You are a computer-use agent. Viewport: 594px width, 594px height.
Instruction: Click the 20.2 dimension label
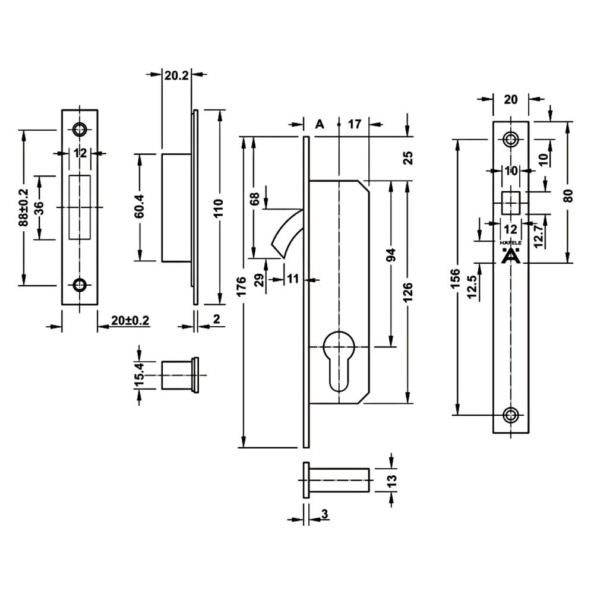click(176, 75)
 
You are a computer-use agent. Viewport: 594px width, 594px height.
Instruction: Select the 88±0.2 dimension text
click(24, 207)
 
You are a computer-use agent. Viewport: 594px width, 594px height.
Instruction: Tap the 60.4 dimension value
click(140, 206)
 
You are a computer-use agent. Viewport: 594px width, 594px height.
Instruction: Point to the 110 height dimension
click(219, 207)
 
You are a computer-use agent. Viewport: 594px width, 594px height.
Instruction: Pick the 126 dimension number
click(407, 292)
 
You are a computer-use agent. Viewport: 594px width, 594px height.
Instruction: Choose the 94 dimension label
click(391, 255)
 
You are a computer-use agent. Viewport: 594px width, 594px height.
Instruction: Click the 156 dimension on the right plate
click(456, 279)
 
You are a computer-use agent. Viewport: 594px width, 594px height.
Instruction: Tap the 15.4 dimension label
click(140, 375)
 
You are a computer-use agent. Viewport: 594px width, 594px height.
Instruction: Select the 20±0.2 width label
click(130, 321)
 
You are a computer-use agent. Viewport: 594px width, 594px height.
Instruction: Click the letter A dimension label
click(320, 124)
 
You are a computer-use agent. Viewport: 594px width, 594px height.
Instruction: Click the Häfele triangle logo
click(511, 255)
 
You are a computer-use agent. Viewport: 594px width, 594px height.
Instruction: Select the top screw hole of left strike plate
click(80, 129)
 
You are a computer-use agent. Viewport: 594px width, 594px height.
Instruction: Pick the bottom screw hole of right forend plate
click(511, 415)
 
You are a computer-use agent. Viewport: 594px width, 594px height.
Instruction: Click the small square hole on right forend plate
click(511, 203)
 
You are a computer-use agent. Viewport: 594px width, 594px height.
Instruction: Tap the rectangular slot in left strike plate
click(80, 207)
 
